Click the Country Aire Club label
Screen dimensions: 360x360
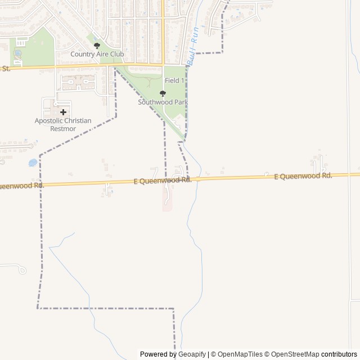point(97,55)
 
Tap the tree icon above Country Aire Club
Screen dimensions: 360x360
point(97,46)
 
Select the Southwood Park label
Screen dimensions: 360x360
point(163,102)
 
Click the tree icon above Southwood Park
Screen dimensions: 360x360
point(163,94)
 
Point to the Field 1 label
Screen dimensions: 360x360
point(174,81)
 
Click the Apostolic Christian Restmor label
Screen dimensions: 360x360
point(62,124)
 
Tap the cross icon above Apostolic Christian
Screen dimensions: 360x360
point(63,112)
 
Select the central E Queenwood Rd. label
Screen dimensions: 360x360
point(163,181)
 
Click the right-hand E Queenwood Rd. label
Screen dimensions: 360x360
point(303,176)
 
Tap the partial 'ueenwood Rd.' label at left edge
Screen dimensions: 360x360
point(21,186)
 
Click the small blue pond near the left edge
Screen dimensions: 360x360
point(33,163)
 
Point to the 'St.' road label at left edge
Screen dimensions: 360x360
point(6,69)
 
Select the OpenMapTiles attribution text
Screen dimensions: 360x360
point(239,354)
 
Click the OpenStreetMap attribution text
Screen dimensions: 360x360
point(295,354)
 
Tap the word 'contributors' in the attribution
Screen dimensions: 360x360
point(339,354)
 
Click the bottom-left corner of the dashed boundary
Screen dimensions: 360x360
point(38,308)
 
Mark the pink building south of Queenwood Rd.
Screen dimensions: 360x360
point(168,200)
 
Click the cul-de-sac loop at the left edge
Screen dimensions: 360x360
point(21,270)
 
